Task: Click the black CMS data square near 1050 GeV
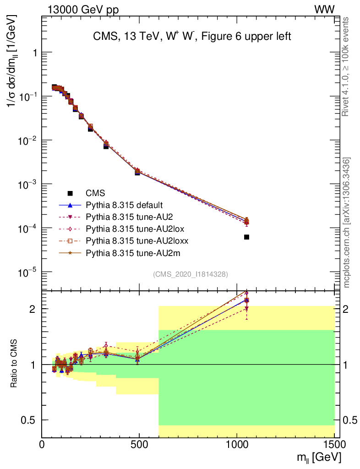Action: [x=246, y=237]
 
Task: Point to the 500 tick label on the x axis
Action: [x=139, y=444]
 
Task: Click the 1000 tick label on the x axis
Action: [x=237, y=444]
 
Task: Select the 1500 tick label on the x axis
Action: [x=334, y=444]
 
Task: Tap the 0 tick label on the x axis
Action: [x=42, y=444]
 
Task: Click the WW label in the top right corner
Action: [x=336, y=9]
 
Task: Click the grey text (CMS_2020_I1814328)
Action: [x=190, y=274]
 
